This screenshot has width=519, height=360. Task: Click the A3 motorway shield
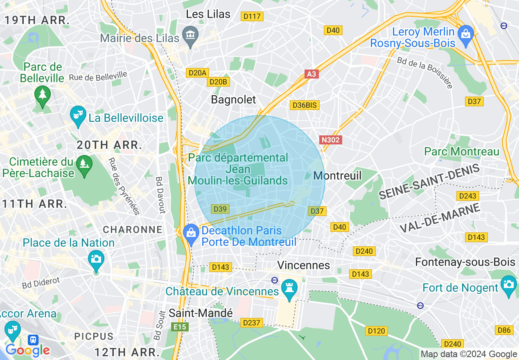click(312, 74)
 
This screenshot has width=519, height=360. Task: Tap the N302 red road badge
click(330, 140)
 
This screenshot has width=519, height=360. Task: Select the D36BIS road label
click(304, 105)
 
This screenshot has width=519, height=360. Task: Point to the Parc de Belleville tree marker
click(43, 94)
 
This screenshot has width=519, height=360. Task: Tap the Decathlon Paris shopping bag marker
click(191, 233)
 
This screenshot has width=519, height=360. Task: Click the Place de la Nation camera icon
click(96, 259)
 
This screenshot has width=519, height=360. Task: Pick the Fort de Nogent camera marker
click(508, 283)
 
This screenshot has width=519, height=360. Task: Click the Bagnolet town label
click(233, 99)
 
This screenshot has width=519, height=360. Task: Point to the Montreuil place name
click(337, 175)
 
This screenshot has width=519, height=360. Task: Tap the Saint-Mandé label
click(201, 313)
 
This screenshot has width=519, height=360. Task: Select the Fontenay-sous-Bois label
click(465, 262)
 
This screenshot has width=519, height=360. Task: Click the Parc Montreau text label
click(462, 152)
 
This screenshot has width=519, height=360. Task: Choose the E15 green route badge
click(180, 327)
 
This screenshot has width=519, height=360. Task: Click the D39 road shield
click(220, 209)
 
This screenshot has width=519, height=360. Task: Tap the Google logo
click(27, 350)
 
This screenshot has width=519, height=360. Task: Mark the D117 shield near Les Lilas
click(252, 17)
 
